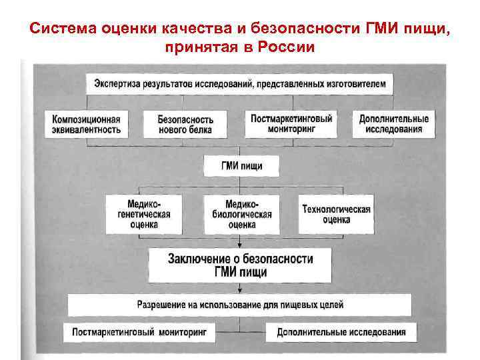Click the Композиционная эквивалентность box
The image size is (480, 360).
[87, 124]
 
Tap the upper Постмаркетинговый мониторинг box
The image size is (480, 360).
[291, 124]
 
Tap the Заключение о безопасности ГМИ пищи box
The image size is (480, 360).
[241, 265]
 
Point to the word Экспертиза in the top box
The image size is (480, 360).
[119, 85]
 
